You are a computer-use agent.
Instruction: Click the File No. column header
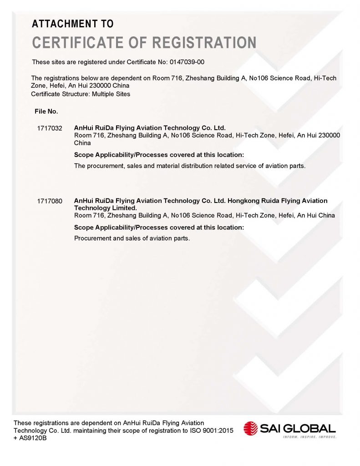click(x=46, y=111)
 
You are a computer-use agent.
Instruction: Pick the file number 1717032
click(x=49, y=128)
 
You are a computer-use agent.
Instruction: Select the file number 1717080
click(x=49, y=201)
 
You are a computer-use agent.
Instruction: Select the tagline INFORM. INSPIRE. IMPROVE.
click(x=309, y=437)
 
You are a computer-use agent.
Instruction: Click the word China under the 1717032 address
click(x=82, y=142)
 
